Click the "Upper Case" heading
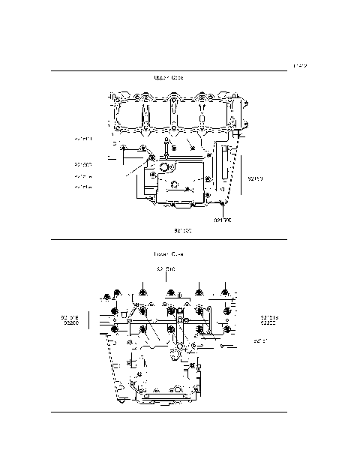pyautogui.click(x=168, y=78)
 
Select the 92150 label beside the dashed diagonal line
pyautogui.click(x=256, y=179)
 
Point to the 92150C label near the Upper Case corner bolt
pyautogui.click(x=223, y=220)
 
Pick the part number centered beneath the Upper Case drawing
pyautogui.click(x=183, y=230)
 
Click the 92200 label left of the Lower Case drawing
pyautogui.click(x=72, y=323)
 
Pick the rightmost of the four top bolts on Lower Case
pyautogui.click(x=226, y=291)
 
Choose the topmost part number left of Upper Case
pyautogui.click(x=83, y=139)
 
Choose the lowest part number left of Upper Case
pyautogui.click(x=83, y=187)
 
